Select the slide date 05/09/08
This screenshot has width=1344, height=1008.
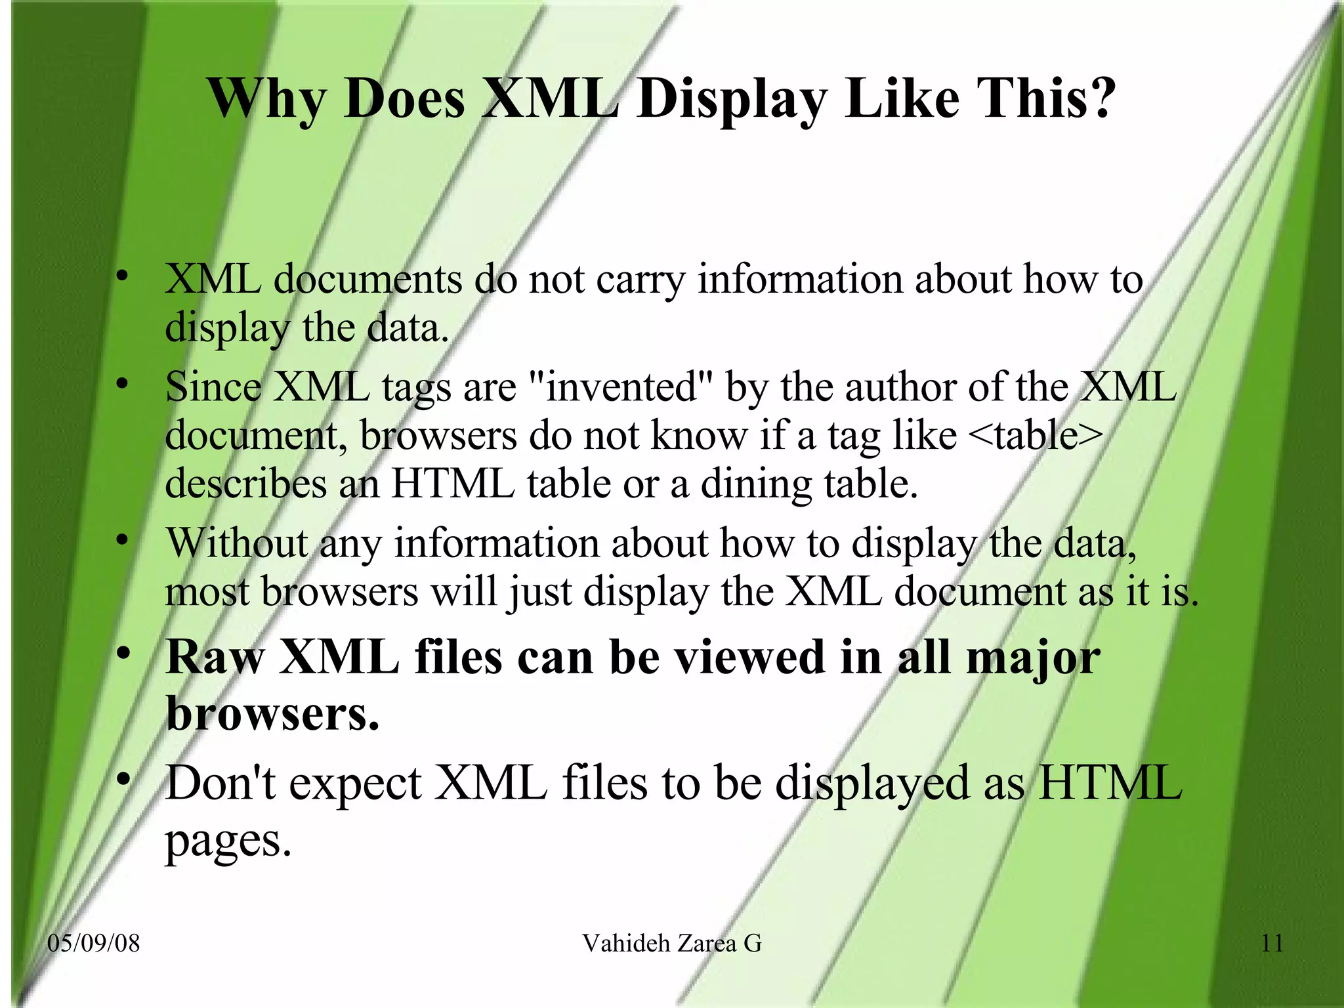[94, 943]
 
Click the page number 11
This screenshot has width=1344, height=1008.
[1272, 943]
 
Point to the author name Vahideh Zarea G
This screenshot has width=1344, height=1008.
[672, 943]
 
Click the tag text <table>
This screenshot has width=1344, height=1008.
[1035, 435]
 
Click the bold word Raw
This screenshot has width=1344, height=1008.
[215, 657]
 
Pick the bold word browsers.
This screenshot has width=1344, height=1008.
[272, 713]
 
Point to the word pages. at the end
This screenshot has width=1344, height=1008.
[228, 840]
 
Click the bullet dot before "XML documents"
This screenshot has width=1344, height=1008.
[121, 276]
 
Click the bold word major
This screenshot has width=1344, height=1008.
[1033, 658]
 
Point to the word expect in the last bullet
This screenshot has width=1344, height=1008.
[355, 784]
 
